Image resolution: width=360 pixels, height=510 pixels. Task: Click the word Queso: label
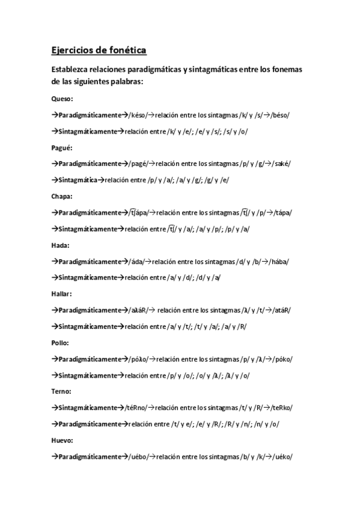pos(63,99)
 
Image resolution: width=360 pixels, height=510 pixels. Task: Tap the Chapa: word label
pos(63,196)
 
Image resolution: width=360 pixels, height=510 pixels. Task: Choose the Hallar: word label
pos(63,294)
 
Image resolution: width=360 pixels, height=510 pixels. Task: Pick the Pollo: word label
pos(61,343)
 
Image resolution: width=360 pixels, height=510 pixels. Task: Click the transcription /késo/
pos(138,115)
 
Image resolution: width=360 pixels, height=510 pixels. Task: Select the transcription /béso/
pos(280,115)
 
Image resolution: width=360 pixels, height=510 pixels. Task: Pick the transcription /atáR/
pos(279,310)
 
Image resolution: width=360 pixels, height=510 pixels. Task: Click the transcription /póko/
pos(281,359)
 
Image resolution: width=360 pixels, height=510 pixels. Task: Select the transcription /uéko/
pos(280,456)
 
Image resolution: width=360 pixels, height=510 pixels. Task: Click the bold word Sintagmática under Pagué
pos(78,180)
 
